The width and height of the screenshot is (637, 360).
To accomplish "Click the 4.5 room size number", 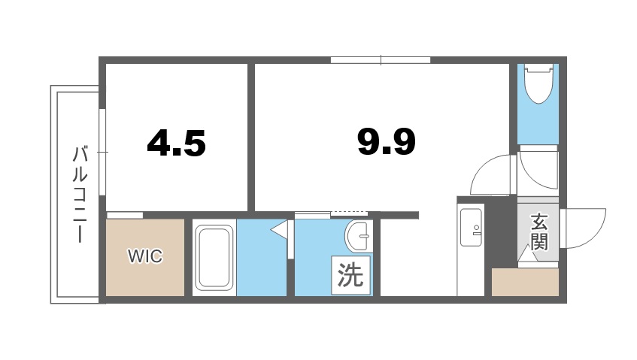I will [177, 142].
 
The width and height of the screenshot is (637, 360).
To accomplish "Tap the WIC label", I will [144, 256].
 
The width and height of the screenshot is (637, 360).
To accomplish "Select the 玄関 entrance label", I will [538, 231].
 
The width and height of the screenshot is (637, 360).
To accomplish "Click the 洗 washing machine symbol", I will [350, 275].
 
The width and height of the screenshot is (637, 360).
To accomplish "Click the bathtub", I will [215, 258].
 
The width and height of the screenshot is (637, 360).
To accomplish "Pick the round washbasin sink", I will [358, 237].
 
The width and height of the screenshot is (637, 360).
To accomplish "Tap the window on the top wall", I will [381, 59].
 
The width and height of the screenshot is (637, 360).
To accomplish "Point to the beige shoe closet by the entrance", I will [525, 283].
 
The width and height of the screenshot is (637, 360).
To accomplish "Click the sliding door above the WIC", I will [125, 215].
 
